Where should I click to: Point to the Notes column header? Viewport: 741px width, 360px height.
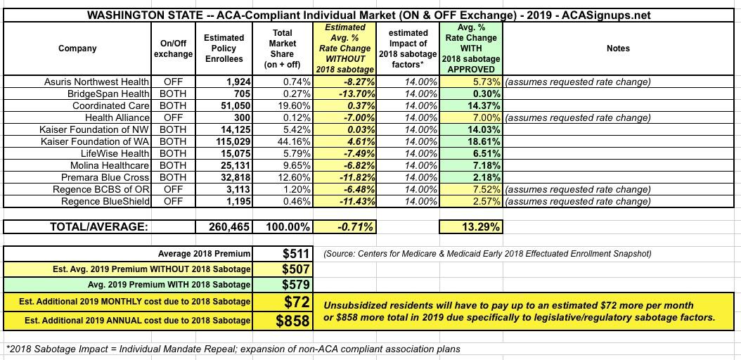pos(617,49)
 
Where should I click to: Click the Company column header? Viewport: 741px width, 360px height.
pos(78,49)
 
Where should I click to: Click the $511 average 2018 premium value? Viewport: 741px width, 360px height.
pos(294,254)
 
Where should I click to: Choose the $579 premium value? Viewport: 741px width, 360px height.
pos(294,285)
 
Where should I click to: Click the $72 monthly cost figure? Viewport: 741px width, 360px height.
pos(295,302)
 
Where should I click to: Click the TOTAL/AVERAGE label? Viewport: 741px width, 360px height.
pos(98,227)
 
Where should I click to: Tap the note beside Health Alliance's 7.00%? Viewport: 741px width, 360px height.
pos(578,117)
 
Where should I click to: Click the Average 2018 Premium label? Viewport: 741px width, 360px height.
pos(204,254)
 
